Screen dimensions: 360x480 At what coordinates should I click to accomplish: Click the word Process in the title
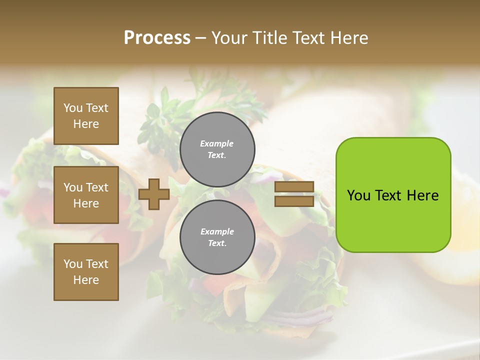157,38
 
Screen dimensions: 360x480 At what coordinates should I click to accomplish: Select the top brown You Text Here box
86,116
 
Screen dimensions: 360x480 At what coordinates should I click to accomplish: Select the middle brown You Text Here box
86,195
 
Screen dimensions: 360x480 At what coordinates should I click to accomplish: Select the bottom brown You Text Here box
86,272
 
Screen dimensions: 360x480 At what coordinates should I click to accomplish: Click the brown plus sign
154,194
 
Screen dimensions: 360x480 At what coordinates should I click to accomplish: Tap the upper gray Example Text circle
217,149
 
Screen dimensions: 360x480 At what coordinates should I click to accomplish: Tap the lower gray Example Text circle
217,237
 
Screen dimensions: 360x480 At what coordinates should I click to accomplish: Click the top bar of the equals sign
294,187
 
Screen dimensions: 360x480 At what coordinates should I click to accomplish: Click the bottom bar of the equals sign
294,201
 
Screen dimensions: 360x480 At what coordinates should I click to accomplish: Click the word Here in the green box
422,195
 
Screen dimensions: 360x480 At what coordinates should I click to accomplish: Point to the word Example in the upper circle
216,143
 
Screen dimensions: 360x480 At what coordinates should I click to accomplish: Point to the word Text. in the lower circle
217,243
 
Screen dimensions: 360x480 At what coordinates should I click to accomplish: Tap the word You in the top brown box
73,108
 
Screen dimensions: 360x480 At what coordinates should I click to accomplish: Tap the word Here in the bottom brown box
86,280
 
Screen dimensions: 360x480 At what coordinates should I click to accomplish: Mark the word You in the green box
358,195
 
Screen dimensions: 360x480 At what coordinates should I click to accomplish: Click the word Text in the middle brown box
97,187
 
